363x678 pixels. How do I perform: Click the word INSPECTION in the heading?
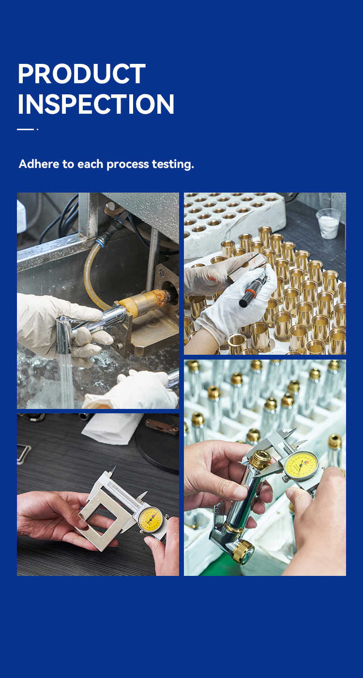point(96,104)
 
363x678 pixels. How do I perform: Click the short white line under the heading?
point(26,129)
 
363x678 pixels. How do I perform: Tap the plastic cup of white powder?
point(328,224)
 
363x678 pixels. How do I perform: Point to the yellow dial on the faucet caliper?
point(301,466)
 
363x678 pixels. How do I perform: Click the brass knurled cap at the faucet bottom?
point(243,551)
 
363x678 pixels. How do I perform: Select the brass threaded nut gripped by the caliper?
point(260,459)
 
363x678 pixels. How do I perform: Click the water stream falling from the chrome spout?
point(66,380)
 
